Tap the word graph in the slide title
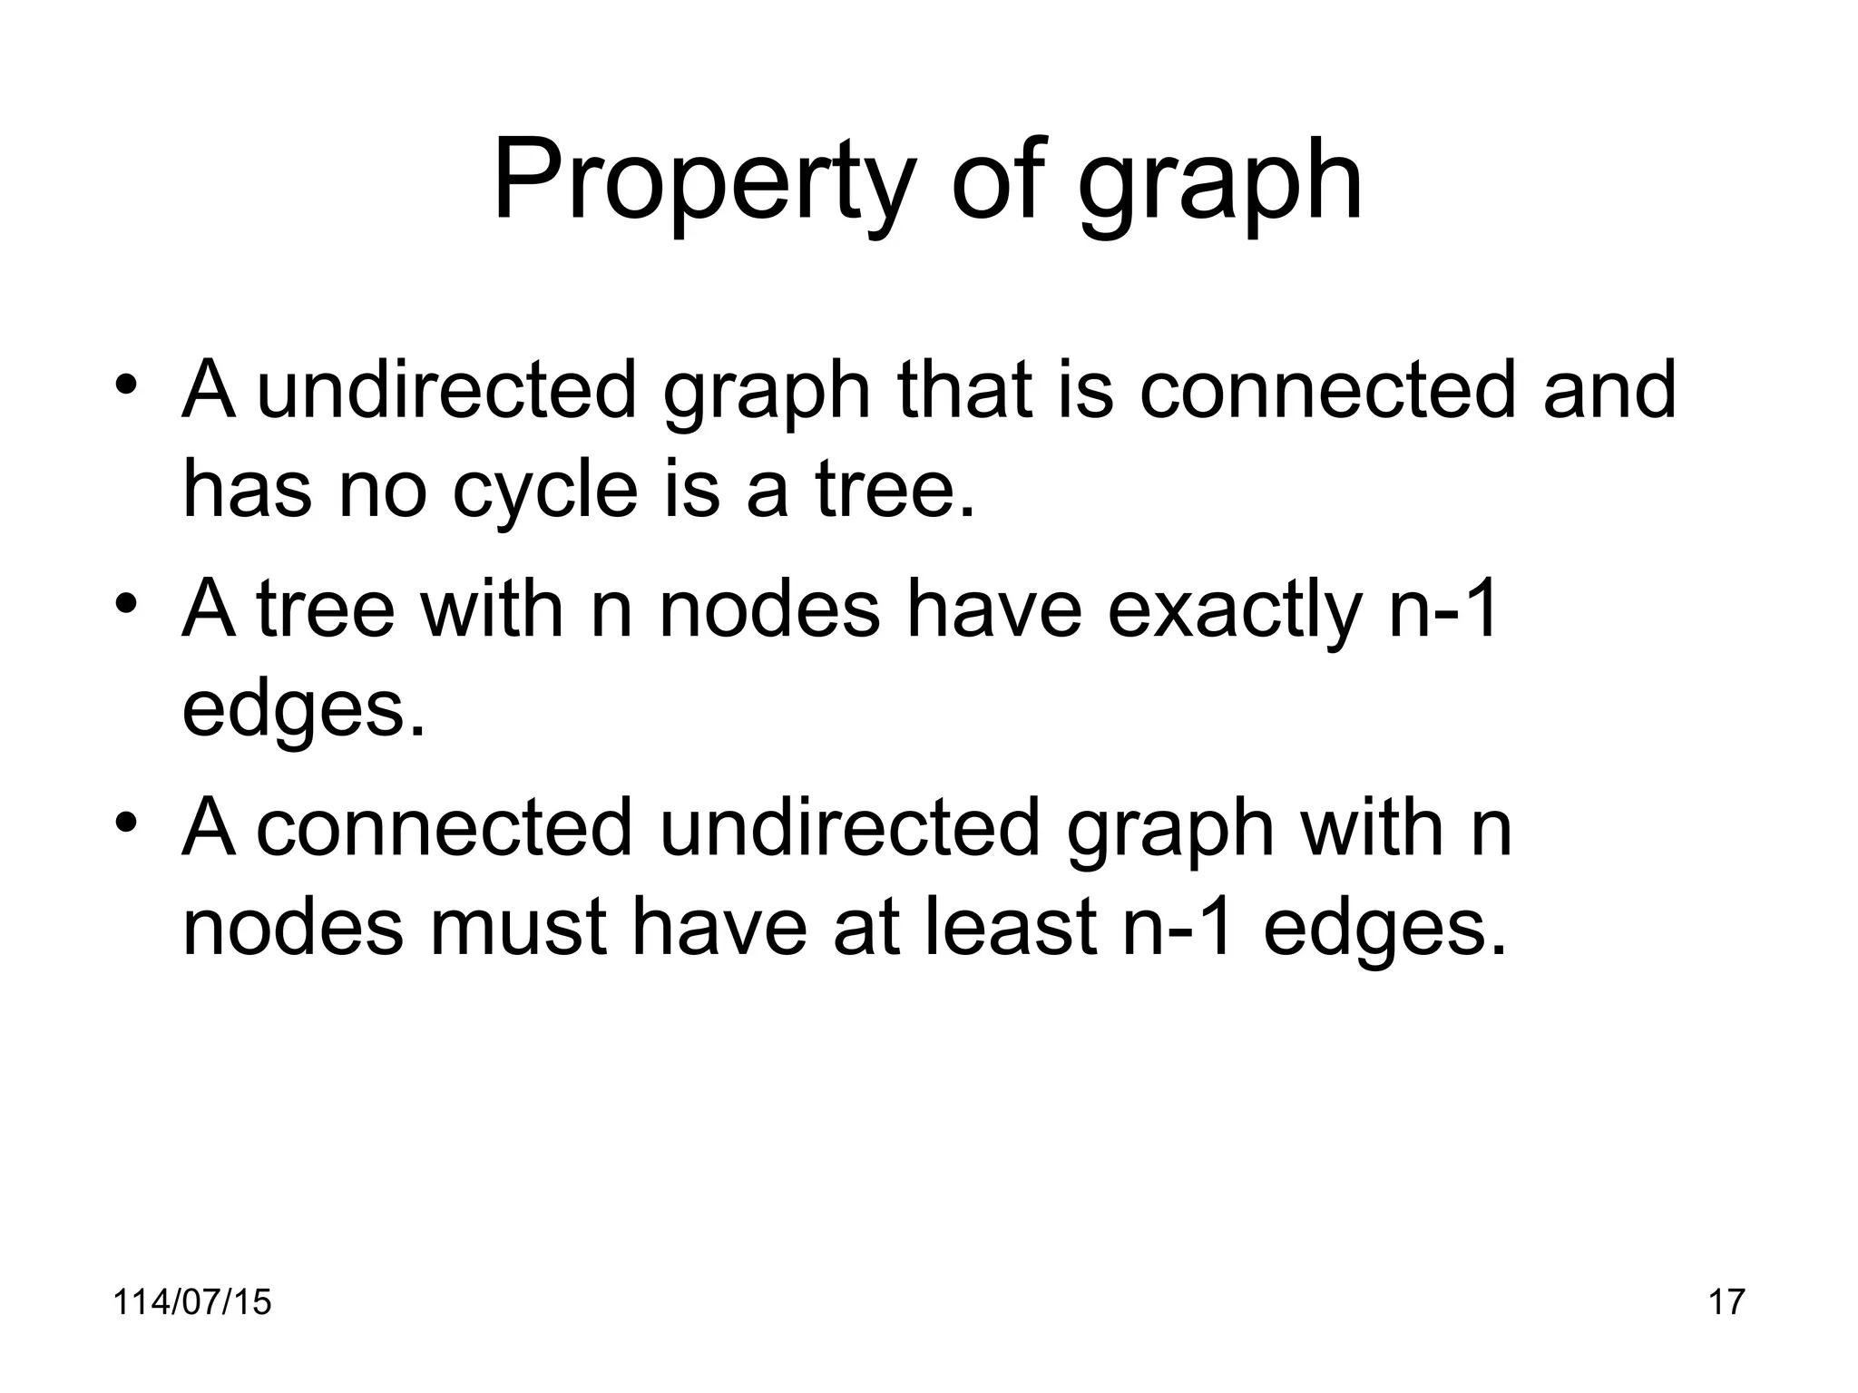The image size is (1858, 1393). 1219,186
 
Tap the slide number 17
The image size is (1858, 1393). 1726,1301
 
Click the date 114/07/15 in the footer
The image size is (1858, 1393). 192,1301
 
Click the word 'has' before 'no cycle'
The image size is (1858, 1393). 247,491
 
